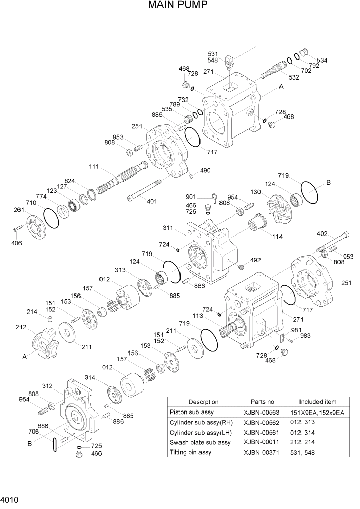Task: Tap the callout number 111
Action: [x=94, y=167]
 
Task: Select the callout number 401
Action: [x=152, y=201]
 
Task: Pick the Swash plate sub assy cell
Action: [x=199, y=442]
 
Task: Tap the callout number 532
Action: [x=294, y=77]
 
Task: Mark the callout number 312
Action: [x=47, y=385]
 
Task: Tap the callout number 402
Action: [x=322, y=234]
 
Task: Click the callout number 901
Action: [x=191, y=197]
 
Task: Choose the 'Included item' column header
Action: [x=317, y=402]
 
